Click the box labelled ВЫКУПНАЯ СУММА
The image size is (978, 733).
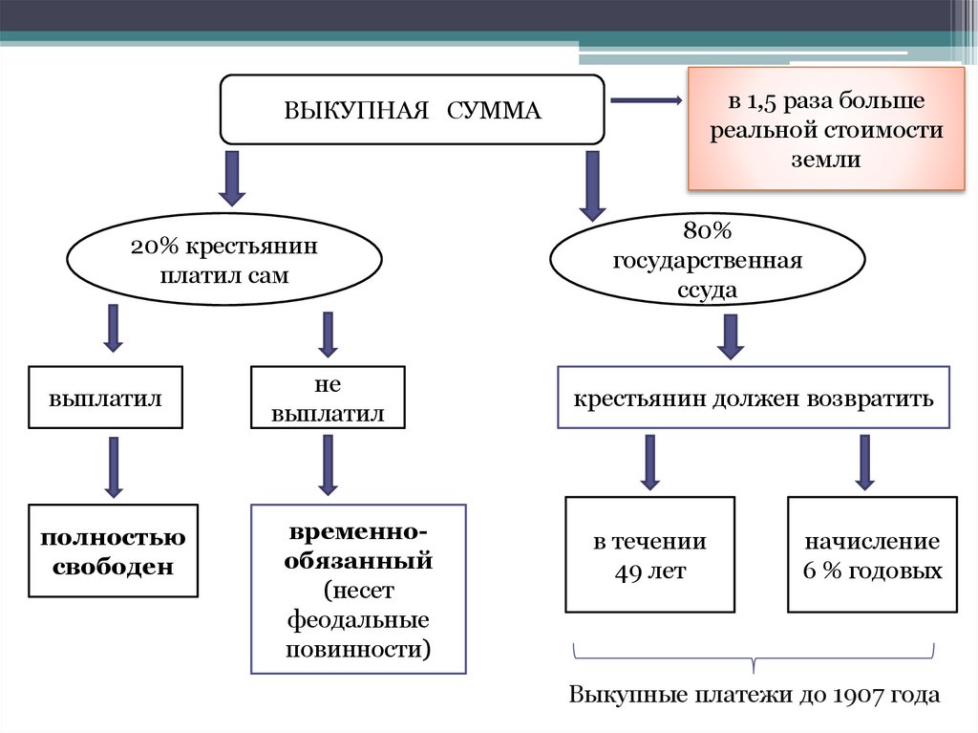pos(412,110)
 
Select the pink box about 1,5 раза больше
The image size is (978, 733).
pos(826,129)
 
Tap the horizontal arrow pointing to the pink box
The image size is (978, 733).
pos(645,100)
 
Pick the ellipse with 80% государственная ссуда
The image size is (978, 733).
pos(707,260)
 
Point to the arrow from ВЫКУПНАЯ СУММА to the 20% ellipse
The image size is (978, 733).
pos(231,178)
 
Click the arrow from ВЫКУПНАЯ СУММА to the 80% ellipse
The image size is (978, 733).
pos(592,183)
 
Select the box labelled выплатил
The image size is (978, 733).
pos(104,397)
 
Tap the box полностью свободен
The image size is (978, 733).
pos(113,550)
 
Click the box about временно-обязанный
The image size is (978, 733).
pos(358,589)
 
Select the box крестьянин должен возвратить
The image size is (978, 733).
pos(753,397)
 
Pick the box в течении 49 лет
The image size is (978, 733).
pos(649,555)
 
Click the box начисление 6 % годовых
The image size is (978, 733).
pos(872,555)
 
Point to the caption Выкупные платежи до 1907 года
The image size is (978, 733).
pos(755,694)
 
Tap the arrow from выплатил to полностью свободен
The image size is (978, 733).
pos(114,466)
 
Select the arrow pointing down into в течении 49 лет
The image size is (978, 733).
pos(650,463)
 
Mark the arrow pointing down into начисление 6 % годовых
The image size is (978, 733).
pos(865,463)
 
